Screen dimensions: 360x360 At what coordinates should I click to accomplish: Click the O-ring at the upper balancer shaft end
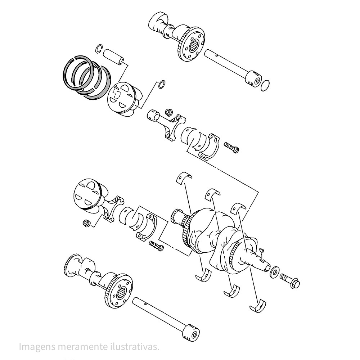(x=265, y=86)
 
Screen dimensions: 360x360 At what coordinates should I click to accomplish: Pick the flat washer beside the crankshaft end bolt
(x=275, y=272)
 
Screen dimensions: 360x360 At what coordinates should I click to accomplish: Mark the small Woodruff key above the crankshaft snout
(x=262, y=250)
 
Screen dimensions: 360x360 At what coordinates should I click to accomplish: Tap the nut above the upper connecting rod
(x=168, y=112)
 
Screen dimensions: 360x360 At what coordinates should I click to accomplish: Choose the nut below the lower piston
(x=86, y=223)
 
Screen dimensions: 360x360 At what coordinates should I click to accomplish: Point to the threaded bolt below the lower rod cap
(x=156, y=246)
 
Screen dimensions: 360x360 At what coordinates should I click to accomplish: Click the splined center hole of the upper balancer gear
(x=195, y=45)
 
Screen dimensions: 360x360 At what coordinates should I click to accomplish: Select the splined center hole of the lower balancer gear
(x=121, y=293)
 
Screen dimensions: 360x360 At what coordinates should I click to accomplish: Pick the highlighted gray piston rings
(x=86, y=77)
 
